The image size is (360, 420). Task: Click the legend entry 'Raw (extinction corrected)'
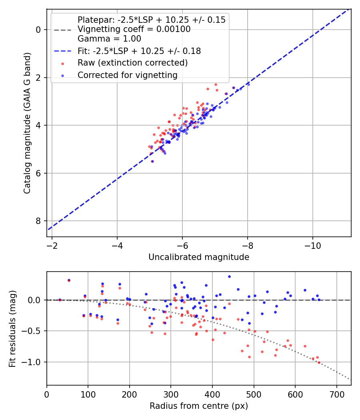[x=132, y=63]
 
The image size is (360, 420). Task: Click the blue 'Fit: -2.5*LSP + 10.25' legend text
[x=139, y=51]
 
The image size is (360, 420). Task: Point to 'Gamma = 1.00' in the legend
[x=109, y=39]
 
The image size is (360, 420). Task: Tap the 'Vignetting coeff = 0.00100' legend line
[x=134, y=29]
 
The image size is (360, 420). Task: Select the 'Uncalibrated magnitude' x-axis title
[x=199, y=257]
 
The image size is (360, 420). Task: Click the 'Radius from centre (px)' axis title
[x=199, y=406]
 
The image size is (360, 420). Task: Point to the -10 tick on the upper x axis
[x=312, y=245]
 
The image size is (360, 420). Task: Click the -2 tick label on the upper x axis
[x=52, y=245]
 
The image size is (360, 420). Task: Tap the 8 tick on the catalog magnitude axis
[x=38, y=221]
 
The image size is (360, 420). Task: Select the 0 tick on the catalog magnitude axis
[x=38, y=30]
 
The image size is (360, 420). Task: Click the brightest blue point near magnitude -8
[x=248, y=84]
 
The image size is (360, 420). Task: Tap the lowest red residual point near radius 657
[x=319, y=362]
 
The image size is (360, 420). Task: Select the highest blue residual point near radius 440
[x=229, y=276]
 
